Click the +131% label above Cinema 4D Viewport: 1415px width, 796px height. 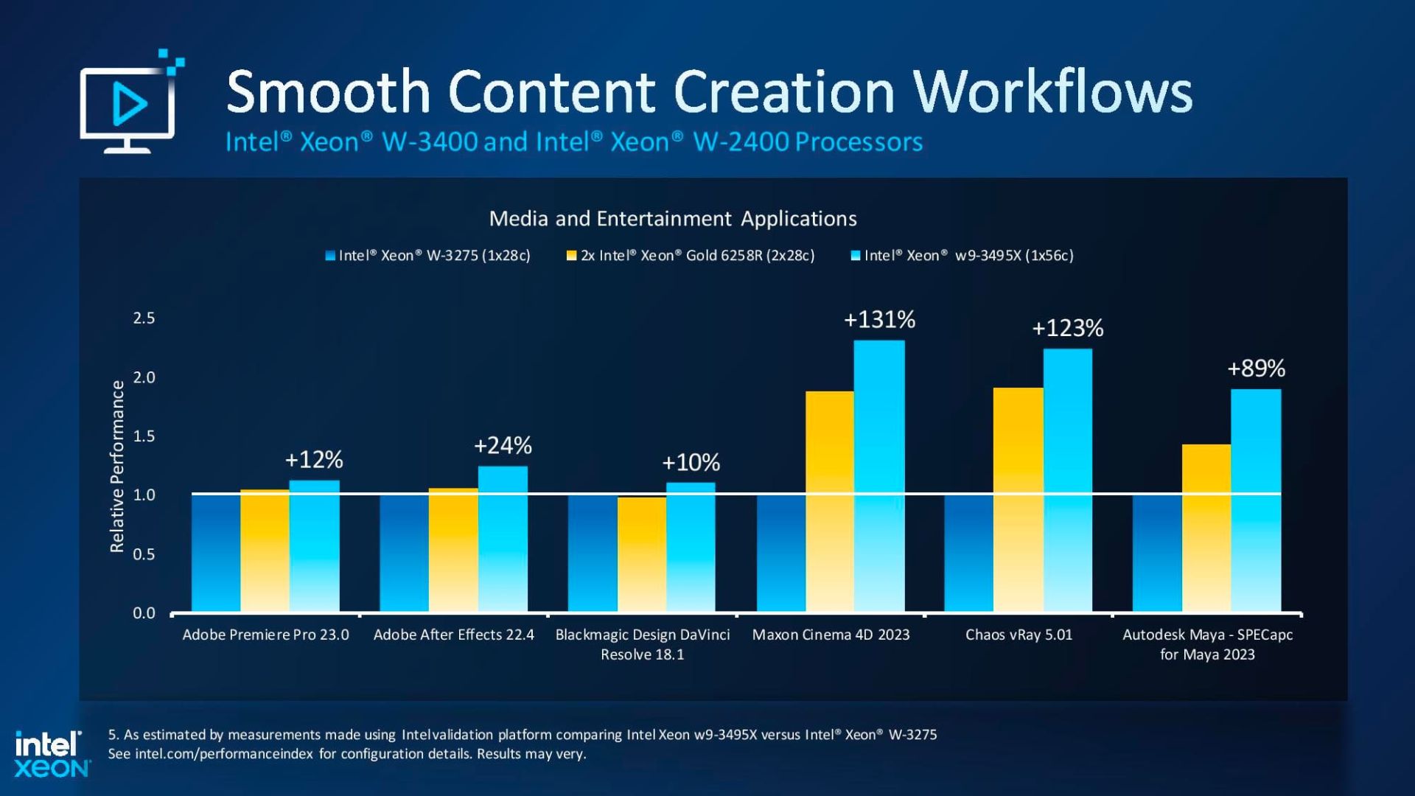[x=879, y=320]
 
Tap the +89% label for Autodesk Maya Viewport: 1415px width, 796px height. [x=1256, y=369]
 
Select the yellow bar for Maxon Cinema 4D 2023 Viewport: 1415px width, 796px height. [x=829, y=501]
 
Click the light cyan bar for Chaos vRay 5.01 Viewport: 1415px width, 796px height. [x=1067, y=479]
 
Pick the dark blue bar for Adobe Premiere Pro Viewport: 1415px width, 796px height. [x=216, y=553]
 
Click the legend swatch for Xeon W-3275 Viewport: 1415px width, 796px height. [x=330, y=256]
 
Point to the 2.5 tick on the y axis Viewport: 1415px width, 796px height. [x=144, y=318]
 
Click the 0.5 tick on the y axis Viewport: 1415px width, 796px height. [x=144, y=554]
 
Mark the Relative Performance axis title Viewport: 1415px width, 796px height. [x=117, y=466]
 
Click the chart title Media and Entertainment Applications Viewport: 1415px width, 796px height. [x=672, y=219]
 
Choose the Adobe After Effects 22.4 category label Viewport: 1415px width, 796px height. [x=453, y=635]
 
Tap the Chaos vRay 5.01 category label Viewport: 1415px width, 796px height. [x=1019, y=635]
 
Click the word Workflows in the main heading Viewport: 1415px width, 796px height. [x=1052, y=92]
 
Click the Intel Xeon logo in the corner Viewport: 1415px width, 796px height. [x=51, y=753]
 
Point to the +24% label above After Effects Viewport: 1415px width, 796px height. [x=502, y=446]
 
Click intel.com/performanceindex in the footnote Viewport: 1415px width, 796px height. [x=224, y=754]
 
